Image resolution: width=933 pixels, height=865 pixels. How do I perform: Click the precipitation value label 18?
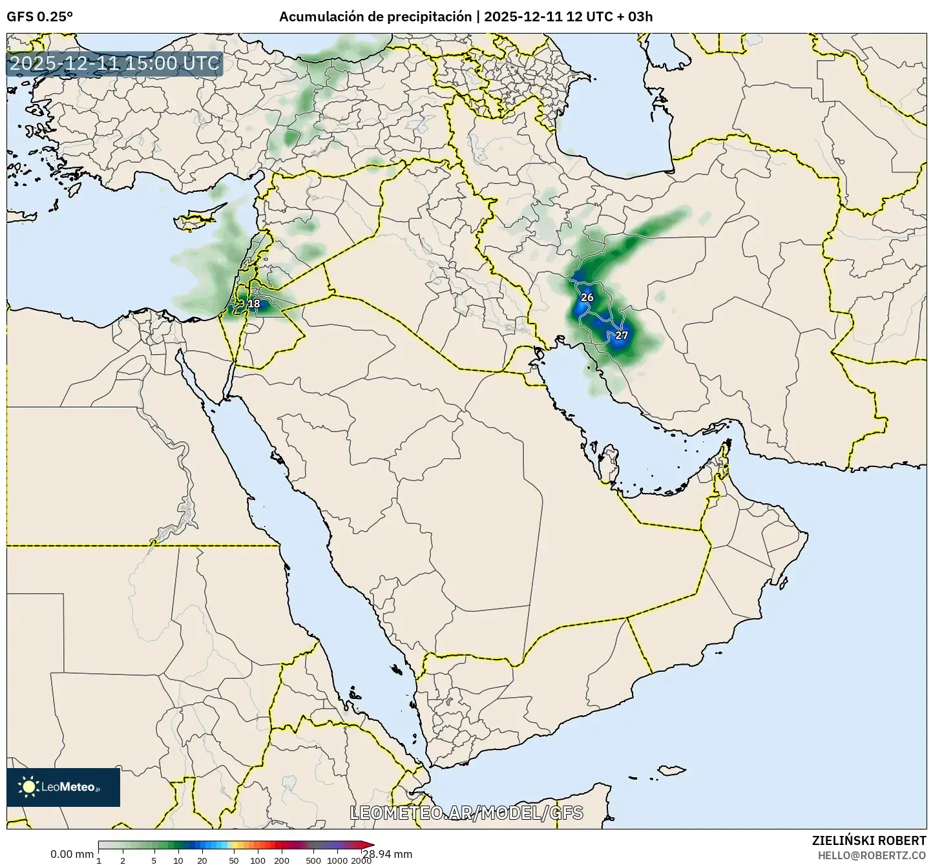[254, 304]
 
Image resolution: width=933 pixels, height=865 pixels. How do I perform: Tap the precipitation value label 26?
[587, 297]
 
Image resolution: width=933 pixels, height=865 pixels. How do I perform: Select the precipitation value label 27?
[622, 335]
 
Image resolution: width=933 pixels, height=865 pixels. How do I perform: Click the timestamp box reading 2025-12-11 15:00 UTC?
[115, 64]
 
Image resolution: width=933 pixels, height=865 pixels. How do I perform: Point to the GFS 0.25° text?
[39, 17]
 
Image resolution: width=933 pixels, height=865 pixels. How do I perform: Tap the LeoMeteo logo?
[63, 787]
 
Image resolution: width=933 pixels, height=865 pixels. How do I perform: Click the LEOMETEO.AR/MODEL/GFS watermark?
[466, 813]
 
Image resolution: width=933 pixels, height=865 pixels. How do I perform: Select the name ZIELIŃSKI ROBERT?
[869, 840]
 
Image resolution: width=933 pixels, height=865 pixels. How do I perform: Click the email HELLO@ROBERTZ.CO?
[872, 855]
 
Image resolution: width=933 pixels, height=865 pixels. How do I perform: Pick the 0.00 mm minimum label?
[72, 855]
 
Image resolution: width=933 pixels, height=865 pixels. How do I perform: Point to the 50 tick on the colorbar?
[234, 860]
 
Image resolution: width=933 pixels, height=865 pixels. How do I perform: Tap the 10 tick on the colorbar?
[178, 860]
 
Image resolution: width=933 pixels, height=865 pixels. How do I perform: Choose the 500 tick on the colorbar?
[313, 860]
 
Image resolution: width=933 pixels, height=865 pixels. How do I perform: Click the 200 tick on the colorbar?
[282, 860]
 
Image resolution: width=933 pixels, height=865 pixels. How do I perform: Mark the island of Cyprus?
[198, 218]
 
